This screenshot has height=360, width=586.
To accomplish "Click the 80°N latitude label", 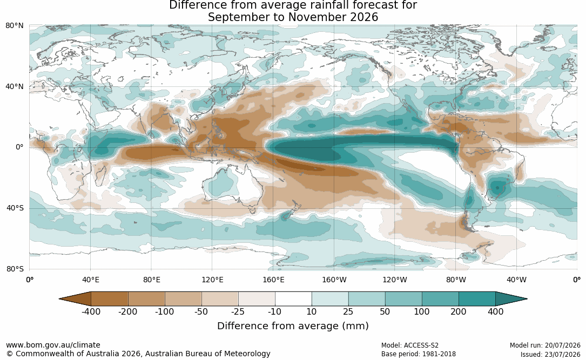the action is pyautogui.click(x=15, y=26).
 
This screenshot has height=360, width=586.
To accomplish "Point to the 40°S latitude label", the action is pyautogui.click(x=15, y=208).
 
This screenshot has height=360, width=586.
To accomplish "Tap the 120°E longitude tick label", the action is pyautogui.click(x=213, y=280).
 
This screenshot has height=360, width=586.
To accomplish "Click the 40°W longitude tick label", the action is pyautogui.click(x=517, y=280).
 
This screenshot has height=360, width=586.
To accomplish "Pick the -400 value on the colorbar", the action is pyautogui.click(x=91, y=311).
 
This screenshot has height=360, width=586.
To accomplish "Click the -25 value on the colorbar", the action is pyautogui.click(x=238, y=311).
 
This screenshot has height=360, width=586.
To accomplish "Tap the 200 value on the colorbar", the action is pyautogui.click(x=459, y=311).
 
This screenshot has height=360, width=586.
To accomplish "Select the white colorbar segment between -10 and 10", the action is pyautogui.click(x=293, y=299).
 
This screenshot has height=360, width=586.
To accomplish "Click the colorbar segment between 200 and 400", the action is pyautogui.click(x=477, y=299).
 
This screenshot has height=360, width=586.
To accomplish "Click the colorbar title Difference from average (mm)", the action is pyautogui.click(x=293, y=326).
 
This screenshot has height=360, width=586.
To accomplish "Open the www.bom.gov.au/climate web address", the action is pyautogui.click(x=53, y=345).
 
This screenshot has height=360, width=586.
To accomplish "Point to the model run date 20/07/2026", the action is pyautogui.click(x=562, y=345).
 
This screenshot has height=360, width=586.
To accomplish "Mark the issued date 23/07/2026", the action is pyautogui.click(x=562, y=354).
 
